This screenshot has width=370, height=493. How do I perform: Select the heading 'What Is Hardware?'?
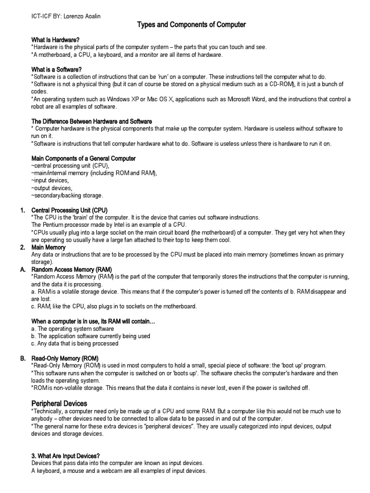[x=56, y=40]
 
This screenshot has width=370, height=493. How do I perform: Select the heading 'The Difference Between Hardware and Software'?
[x=92, y=121]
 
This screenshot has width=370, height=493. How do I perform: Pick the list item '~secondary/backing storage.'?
[x=67, y=195]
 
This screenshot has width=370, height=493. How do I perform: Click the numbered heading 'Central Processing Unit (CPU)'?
[x=69, y=210]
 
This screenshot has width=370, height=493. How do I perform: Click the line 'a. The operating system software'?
[x=73, y=329]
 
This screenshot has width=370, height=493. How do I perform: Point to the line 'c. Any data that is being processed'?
[x=75, y=344]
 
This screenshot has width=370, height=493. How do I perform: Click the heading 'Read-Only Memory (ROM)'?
[x=65, y=359]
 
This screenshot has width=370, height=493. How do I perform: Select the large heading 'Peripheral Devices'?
[x=59, y=403]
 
